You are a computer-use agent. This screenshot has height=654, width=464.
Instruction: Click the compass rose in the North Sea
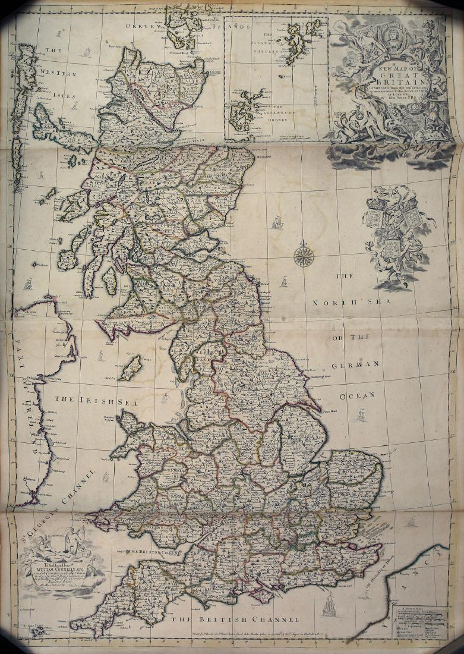point(304,256)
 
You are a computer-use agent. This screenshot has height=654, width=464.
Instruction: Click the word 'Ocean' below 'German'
point(357,395)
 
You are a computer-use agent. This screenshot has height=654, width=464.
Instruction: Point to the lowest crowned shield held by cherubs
point(391,249)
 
